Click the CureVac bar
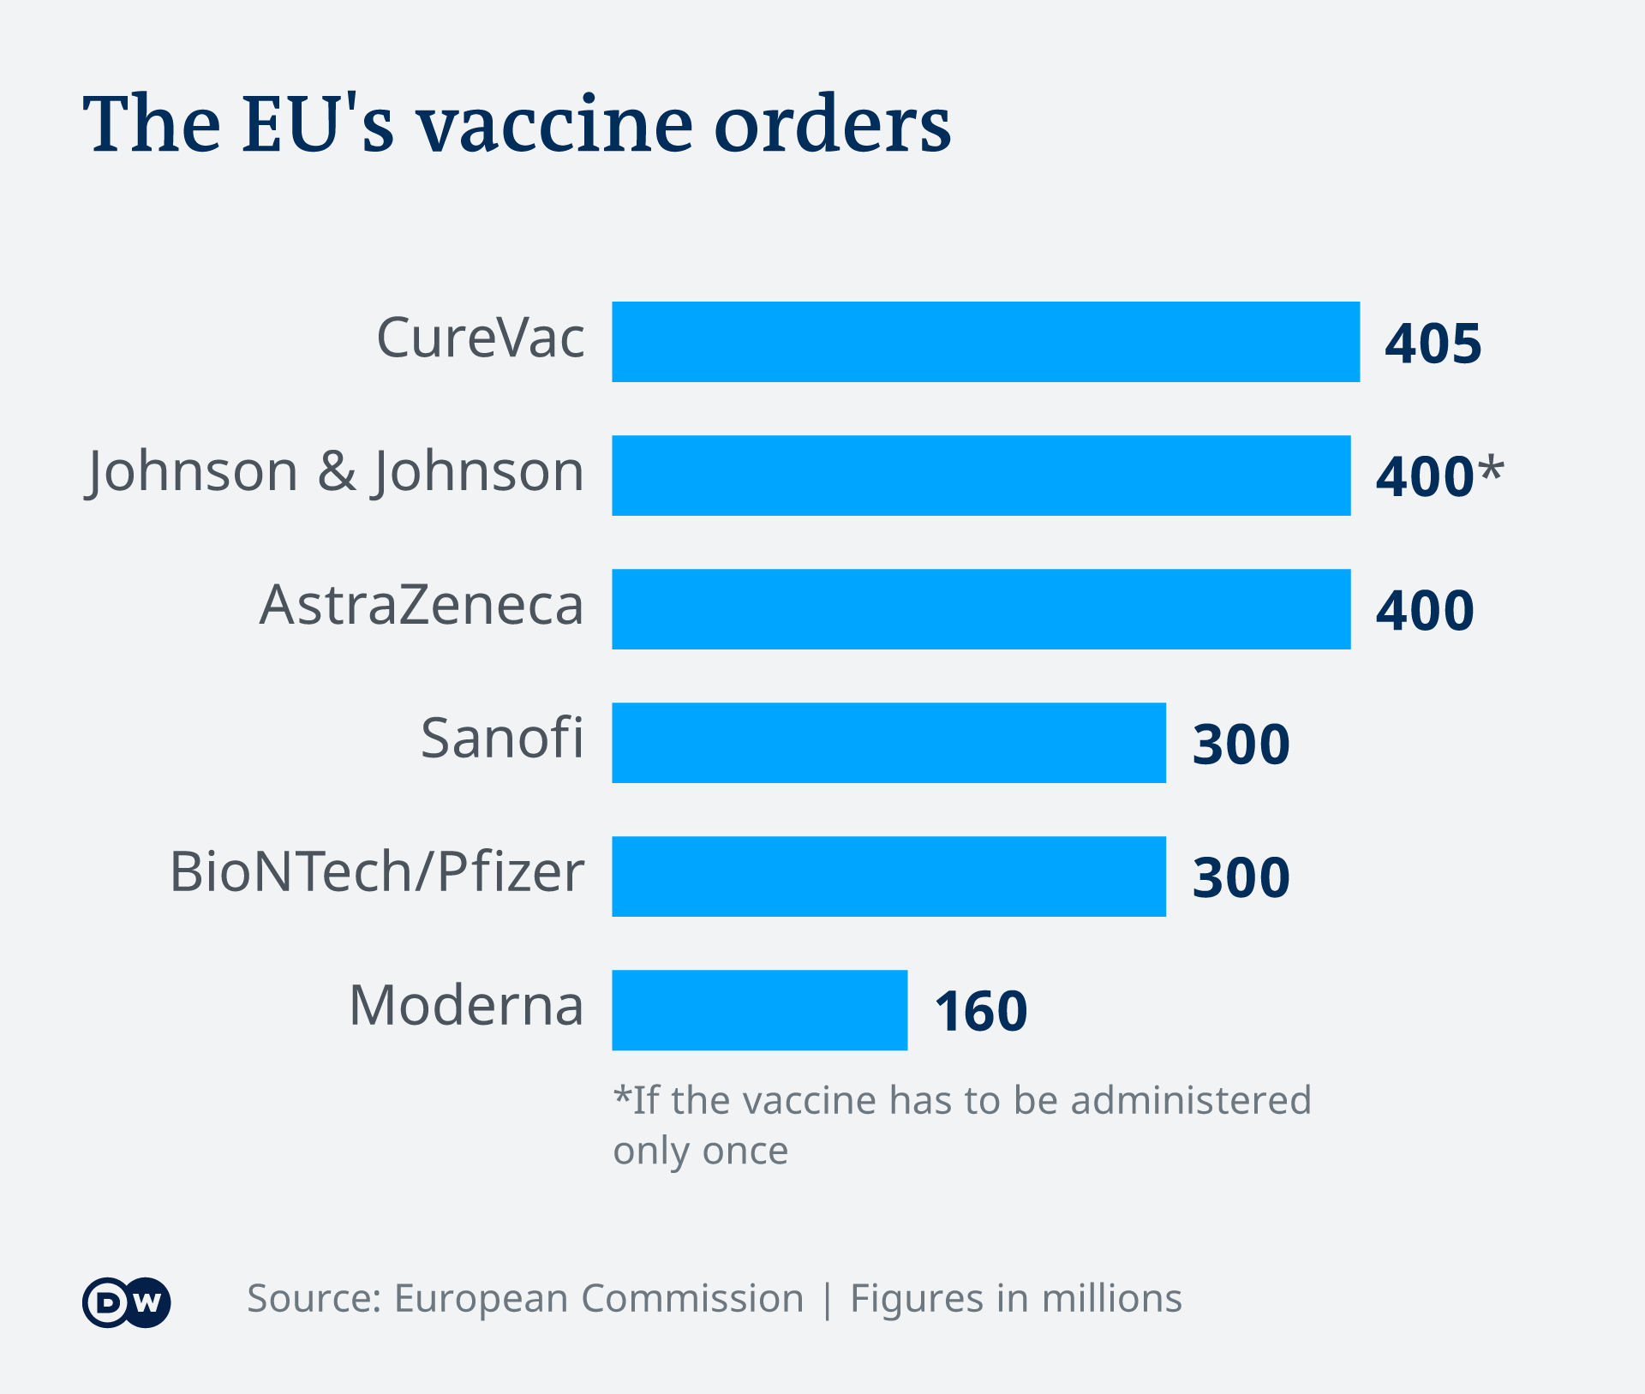click(985, 342)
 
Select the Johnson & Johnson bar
click(981, 476)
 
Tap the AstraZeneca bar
click(981, 609)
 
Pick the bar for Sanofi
click(888, 743)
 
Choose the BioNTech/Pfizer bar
click(888, 876)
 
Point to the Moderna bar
click(759, 1010)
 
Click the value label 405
click(1433, 344)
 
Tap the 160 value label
click(980, 1011)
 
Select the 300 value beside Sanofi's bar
click(1241, 744)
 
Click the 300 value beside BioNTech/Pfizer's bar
click(1241, 877)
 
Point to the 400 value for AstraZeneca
click(1424, 611)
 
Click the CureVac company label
click(480, 338)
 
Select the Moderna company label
click(466, 1005)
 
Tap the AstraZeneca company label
click(422, 605)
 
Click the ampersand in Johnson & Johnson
click(337, 472)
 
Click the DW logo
click(127, 1302)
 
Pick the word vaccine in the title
click(556, 126)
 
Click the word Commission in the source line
click(692, 1299)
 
